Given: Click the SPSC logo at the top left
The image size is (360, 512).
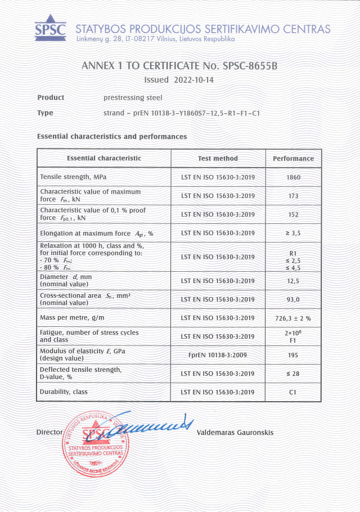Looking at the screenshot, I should [x=50, y=28].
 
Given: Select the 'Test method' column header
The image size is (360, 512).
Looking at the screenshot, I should [x=218, y=159].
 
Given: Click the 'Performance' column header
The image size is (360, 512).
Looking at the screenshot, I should [x=293, y=159].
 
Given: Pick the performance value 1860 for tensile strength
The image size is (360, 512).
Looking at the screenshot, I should [x=292, y=177].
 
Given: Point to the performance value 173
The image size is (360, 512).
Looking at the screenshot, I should [x=292, y=196].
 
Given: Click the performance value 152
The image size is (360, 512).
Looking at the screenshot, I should [x=292, y=214].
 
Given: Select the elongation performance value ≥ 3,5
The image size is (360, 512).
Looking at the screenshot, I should [x=292, y=233].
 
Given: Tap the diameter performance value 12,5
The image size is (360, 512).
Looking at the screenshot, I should [x=292, y=281].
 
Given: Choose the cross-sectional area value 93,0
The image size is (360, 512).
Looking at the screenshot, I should [x=292, y=299].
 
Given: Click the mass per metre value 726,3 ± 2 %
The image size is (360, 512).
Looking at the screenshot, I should [x=292, y=318].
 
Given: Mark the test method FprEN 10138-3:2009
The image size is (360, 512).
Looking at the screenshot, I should [x=218, y=355].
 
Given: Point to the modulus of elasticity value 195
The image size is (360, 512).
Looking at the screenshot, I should [x=292, y=355].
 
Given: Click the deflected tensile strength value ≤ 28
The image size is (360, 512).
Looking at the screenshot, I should [x=292, y=374].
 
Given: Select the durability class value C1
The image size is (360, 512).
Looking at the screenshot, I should [x=292, y=392].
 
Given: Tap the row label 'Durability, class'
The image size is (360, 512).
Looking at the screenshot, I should [x=64, y=392].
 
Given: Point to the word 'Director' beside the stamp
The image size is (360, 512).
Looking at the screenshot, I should [x=49, y=432].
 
